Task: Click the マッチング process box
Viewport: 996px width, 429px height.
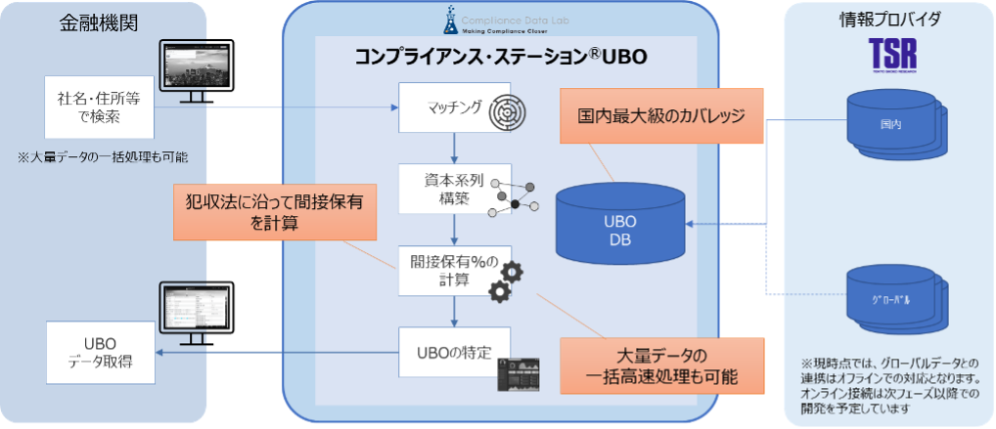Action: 455,107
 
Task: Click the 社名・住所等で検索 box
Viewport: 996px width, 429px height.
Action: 101,107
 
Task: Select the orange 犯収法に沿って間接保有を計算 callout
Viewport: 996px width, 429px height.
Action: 275,212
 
